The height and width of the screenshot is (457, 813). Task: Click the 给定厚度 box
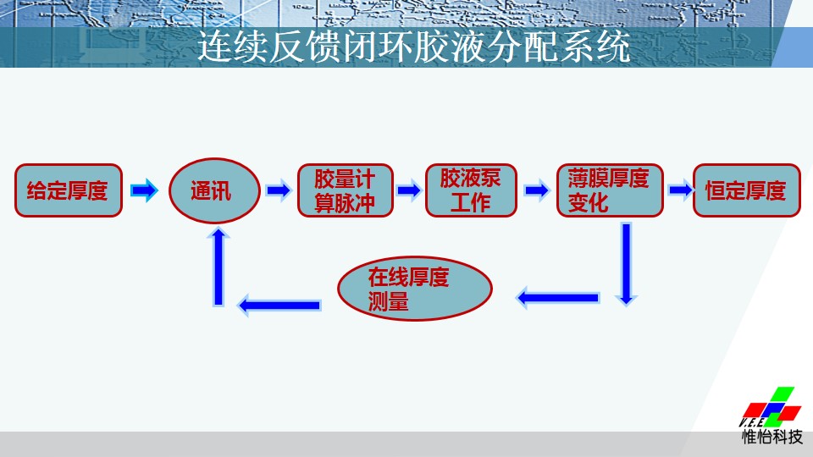(x=69, y=190)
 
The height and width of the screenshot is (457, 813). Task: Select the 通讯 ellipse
(x=214, y=190)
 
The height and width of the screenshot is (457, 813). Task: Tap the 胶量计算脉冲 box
(x=346, y=190)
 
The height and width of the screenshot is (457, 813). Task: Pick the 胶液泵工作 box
(x=471, y=190)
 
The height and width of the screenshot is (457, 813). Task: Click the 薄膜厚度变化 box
(x=610, y=190)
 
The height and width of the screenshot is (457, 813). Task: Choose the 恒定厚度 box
(x=747, y=190)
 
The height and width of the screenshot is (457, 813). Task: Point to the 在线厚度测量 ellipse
(x=415, y=288)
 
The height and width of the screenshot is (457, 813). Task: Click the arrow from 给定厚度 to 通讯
(x=144, y=190)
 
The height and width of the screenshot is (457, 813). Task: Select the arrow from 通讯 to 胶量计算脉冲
(x=279, y=190)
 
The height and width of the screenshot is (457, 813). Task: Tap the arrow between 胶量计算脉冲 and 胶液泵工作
(x=410, y=190)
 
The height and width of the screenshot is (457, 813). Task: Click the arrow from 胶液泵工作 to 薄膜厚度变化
(x=537, y=190)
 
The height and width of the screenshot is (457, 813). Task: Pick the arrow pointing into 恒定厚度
(x=681, y=190)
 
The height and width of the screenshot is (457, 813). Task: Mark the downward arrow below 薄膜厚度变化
(x=627, y=264)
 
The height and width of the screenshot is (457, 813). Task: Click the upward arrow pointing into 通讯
(x=218, y=267)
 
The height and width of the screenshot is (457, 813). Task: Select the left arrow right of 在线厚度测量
(x=558, y=298)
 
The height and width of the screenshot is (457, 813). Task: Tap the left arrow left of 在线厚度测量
(x=279, y=306)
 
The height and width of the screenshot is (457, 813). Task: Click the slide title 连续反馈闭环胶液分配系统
(x=414, y=47)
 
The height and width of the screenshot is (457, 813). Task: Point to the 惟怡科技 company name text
(x=772, y=437)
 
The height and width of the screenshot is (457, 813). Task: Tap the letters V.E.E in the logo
(x=751, y=422)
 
